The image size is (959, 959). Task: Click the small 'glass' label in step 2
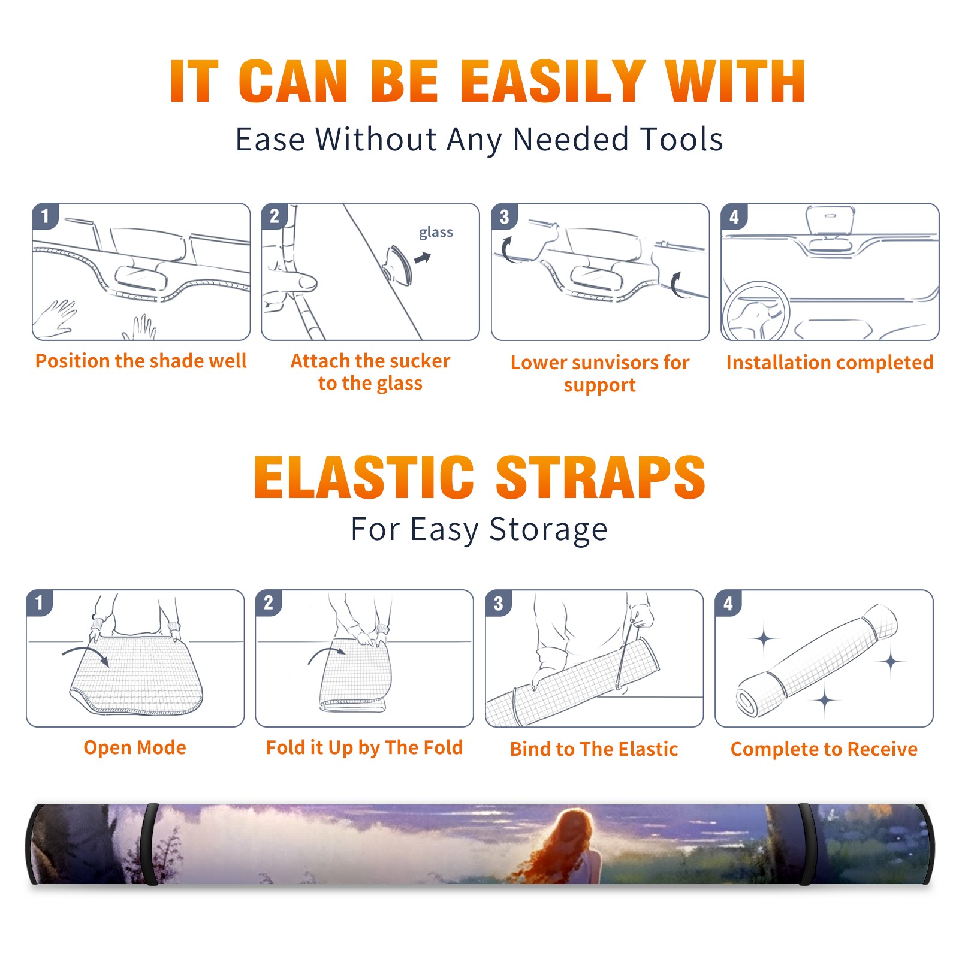[436, 233]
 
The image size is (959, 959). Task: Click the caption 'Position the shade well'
[141, 361]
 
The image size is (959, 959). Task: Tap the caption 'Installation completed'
[830, 363]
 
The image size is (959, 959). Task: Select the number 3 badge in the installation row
[504, 216]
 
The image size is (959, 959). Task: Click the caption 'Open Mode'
[135, 747]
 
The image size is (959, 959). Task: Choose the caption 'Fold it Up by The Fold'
[364, 747]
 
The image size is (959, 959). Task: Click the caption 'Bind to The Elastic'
[594, 749]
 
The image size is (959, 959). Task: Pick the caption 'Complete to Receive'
[824, 749]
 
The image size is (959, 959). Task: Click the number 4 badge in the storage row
[728, 603]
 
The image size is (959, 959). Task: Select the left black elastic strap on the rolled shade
[150, 844]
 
